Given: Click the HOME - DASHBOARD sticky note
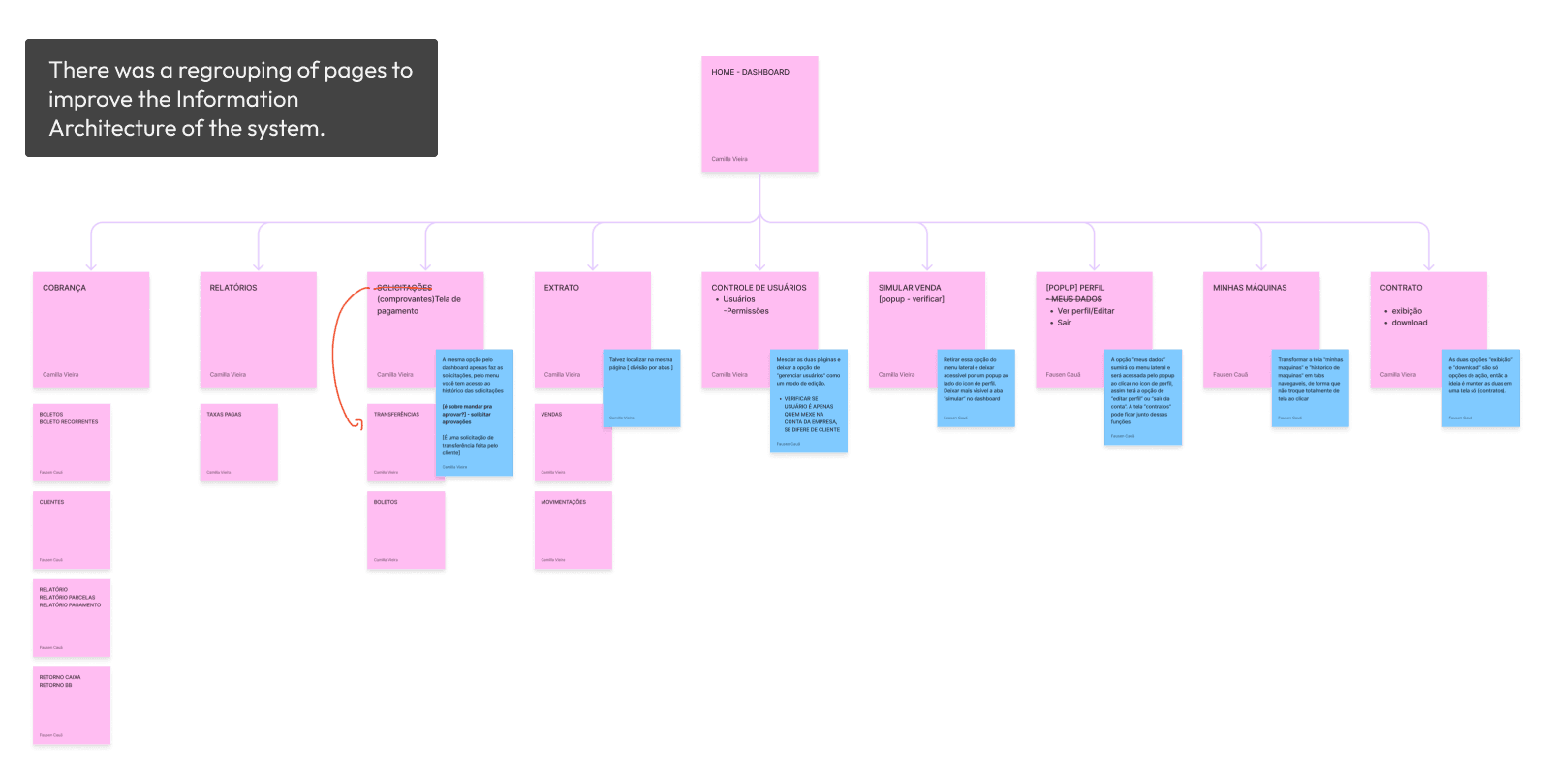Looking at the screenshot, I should (759, 114).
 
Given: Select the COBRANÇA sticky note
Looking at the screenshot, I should (91, 330).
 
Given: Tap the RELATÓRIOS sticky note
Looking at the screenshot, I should (258, 330).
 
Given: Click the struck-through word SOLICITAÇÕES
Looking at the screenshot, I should (404, 288).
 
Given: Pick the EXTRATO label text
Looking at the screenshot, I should (561, 288).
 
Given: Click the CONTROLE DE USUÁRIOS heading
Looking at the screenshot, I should (759, 288).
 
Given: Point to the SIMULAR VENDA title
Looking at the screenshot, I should (910, 288).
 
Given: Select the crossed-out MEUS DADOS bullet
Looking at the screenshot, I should (1076, 299).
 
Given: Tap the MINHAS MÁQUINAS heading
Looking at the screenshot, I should (1250, 288).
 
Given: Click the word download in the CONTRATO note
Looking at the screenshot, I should (1410, 323).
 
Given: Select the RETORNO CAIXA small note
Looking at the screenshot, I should (72, 705).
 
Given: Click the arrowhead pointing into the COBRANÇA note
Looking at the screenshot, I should (91, 265).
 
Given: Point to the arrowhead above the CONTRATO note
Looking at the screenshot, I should (1428, 265).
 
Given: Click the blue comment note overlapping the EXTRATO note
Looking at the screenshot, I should (641, 387).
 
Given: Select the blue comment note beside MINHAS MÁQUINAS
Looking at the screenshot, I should (1310, 387).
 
